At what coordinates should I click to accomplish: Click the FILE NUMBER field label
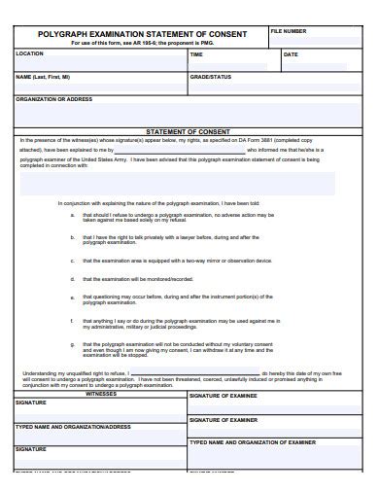(x=288, y=31)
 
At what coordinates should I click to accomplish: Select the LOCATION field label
(x=30, y=53)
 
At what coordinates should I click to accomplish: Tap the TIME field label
(x=196, y=54)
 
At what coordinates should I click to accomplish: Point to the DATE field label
(x=291, y=54)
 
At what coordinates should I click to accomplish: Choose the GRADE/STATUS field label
(x=210, y=75)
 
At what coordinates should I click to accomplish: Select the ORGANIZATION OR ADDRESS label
(x=54, y=98)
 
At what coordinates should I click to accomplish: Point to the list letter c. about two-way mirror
(x=73, y=261)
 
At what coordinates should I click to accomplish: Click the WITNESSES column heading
(x=100, y=394)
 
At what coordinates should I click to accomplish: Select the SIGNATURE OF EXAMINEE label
(x=223, y=396)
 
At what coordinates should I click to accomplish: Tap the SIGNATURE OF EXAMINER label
(x=223, y=419)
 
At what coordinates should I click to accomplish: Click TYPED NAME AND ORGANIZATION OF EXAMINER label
(x=252, y=441)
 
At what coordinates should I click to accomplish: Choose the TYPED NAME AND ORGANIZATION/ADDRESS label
(x=73, y=426)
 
